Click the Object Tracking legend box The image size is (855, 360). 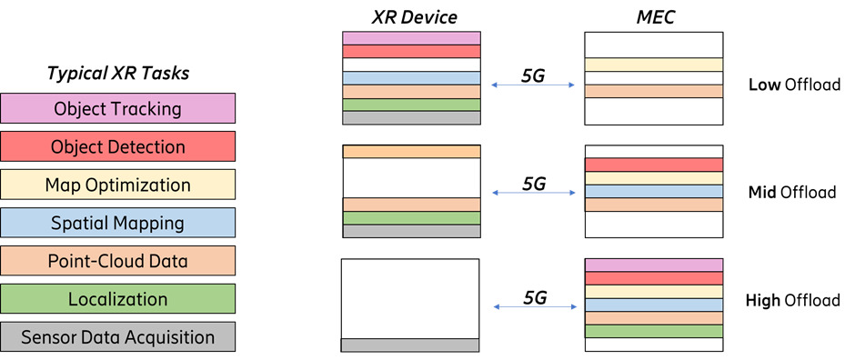point(118,109)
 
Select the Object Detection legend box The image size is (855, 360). point(118,147)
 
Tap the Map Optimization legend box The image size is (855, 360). point(118,185)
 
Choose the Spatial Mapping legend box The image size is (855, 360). point(118,223)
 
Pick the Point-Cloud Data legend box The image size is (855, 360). point(118,261)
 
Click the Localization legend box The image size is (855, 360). point(118,299)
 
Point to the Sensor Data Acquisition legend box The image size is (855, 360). point(118,337)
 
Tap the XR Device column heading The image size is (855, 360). point(411,16)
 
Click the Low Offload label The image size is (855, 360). point(793,85)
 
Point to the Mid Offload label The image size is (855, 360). point(791,193)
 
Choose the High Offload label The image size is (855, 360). point(792,300)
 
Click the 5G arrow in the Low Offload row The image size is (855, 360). point(533,85)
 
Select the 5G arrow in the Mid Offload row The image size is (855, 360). point(533,192)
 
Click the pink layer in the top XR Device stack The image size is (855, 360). point(411,38)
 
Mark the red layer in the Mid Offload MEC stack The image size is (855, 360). point(653,165)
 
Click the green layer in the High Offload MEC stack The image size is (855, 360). point(653,332)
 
